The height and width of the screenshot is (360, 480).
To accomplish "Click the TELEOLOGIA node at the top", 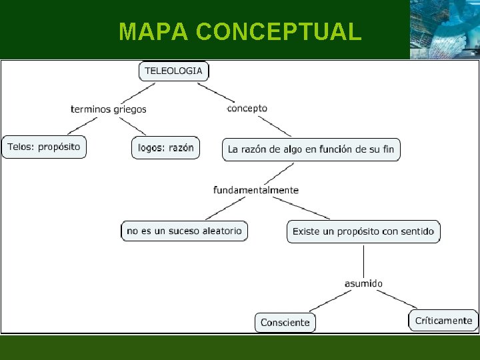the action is click(x=173, y=71).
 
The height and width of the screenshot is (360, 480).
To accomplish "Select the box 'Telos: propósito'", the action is click(x=44, y=147).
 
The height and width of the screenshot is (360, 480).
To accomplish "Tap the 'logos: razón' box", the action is click(x=166, y=148).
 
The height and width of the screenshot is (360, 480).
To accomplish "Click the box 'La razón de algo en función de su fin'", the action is click(x=311, y=149).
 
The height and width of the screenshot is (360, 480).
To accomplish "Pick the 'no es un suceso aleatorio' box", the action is click(x=184, y=231).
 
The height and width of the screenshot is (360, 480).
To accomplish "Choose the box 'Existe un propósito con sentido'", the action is click(x=363, y=231).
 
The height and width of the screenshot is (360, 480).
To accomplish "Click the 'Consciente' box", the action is click(x=285, y=323).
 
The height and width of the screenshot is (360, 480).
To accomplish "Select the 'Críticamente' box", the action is click(x=443, y=321).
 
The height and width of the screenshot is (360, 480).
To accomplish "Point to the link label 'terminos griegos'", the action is click(x=109, y=109).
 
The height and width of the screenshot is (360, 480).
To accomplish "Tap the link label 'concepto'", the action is click(x=247, y=108).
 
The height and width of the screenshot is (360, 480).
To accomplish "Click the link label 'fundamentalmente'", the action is click(x=256, y=190).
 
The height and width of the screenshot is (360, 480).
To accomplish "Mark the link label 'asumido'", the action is click(x=363, y=283).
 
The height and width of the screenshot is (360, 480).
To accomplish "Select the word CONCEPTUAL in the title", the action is click(x=279, y=31).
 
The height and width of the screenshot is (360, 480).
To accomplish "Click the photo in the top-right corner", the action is click(x=444, y=29).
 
